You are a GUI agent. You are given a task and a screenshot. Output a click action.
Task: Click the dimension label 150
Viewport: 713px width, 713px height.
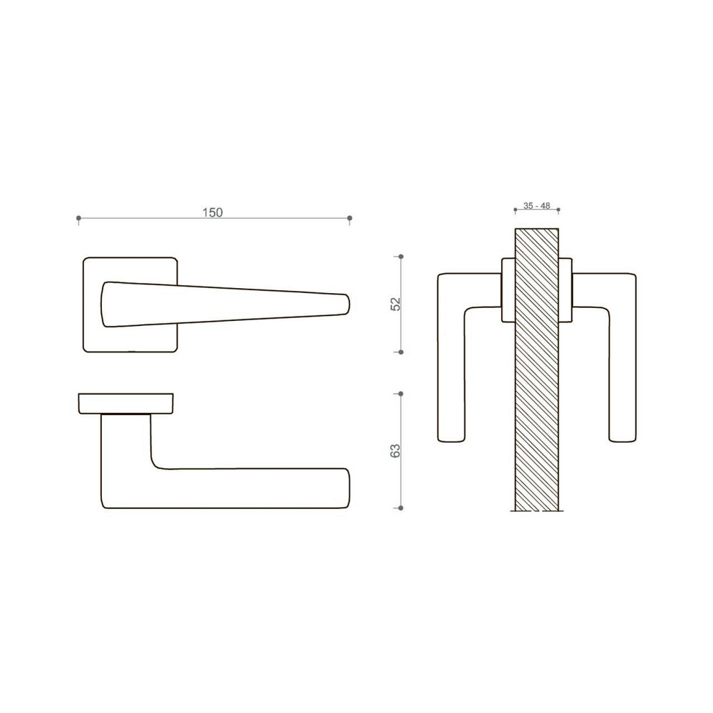(212, 212)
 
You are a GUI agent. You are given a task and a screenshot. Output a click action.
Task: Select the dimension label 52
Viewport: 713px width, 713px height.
(396, 304)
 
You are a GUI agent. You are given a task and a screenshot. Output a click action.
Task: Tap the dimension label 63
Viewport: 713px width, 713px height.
(396, 451)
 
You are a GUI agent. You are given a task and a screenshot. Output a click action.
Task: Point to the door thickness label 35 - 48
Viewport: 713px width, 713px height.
(537, 205)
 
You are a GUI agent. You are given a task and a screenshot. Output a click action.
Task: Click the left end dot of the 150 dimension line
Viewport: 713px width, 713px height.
(78, 218)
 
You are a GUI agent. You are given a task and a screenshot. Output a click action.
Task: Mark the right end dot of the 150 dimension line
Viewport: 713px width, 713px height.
(349, 218)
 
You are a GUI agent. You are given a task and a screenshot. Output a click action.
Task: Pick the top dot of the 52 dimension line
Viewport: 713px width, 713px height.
(401, 257)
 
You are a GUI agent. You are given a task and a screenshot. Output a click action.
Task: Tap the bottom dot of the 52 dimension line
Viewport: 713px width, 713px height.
(401, 352)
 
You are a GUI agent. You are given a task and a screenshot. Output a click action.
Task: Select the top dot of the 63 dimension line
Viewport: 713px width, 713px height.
(401, 394)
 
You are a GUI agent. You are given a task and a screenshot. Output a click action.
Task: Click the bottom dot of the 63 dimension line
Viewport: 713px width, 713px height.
(401, 508)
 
